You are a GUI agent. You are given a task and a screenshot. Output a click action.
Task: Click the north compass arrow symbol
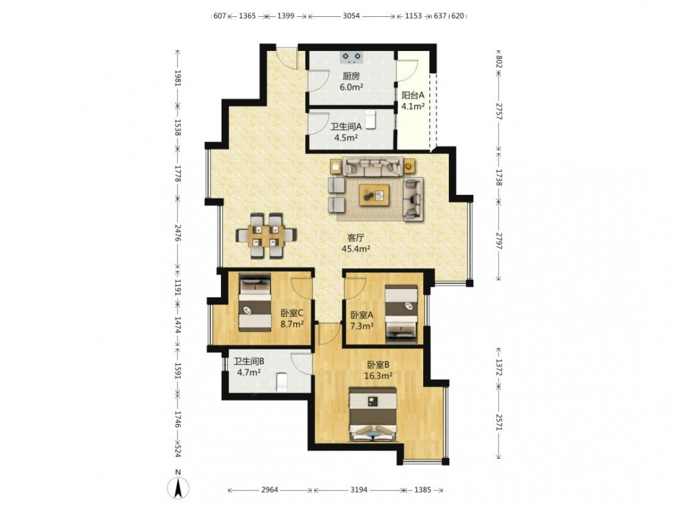pos(178,486)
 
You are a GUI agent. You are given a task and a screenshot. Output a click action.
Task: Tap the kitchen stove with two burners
pos(351,56)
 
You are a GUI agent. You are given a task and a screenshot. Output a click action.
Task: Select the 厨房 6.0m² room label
pos(351,81)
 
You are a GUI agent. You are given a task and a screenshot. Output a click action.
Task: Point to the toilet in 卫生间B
pos(281,381)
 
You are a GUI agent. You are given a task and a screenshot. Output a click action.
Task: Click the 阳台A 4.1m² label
pos(413,100)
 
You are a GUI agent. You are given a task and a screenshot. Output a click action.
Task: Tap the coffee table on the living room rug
pos(374,195)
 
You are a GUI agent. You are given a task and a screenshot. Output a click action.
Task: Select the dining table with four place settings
pos(266,236)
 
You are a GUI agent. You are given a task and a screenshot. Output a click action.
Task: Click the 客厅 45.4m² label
pos(356,243)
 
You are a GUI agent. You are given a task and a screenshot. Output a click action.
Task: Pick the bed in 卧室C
pos(255,302)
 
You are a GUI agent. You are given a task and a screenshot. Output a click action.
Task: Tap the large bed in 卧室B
pos(373,414)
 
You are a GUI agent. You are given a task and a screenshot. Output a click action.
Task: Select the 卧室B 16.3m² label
pos(378,370)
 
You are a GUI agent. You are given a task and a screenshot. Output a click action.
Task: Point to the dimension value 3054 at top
pos(351,16)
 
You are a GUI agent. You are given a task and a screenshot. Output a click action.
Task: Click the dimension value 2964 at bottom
pos(270,490)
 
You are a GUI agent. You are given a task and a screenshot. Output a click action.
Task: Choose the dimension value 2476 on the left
pos(178,232)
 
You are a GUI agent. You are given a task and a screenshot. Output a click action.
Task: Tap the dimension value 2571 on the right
pos(498,421)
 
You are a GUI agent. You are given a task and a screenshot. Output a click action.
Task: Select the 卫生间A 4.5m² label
pos(346,132)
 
